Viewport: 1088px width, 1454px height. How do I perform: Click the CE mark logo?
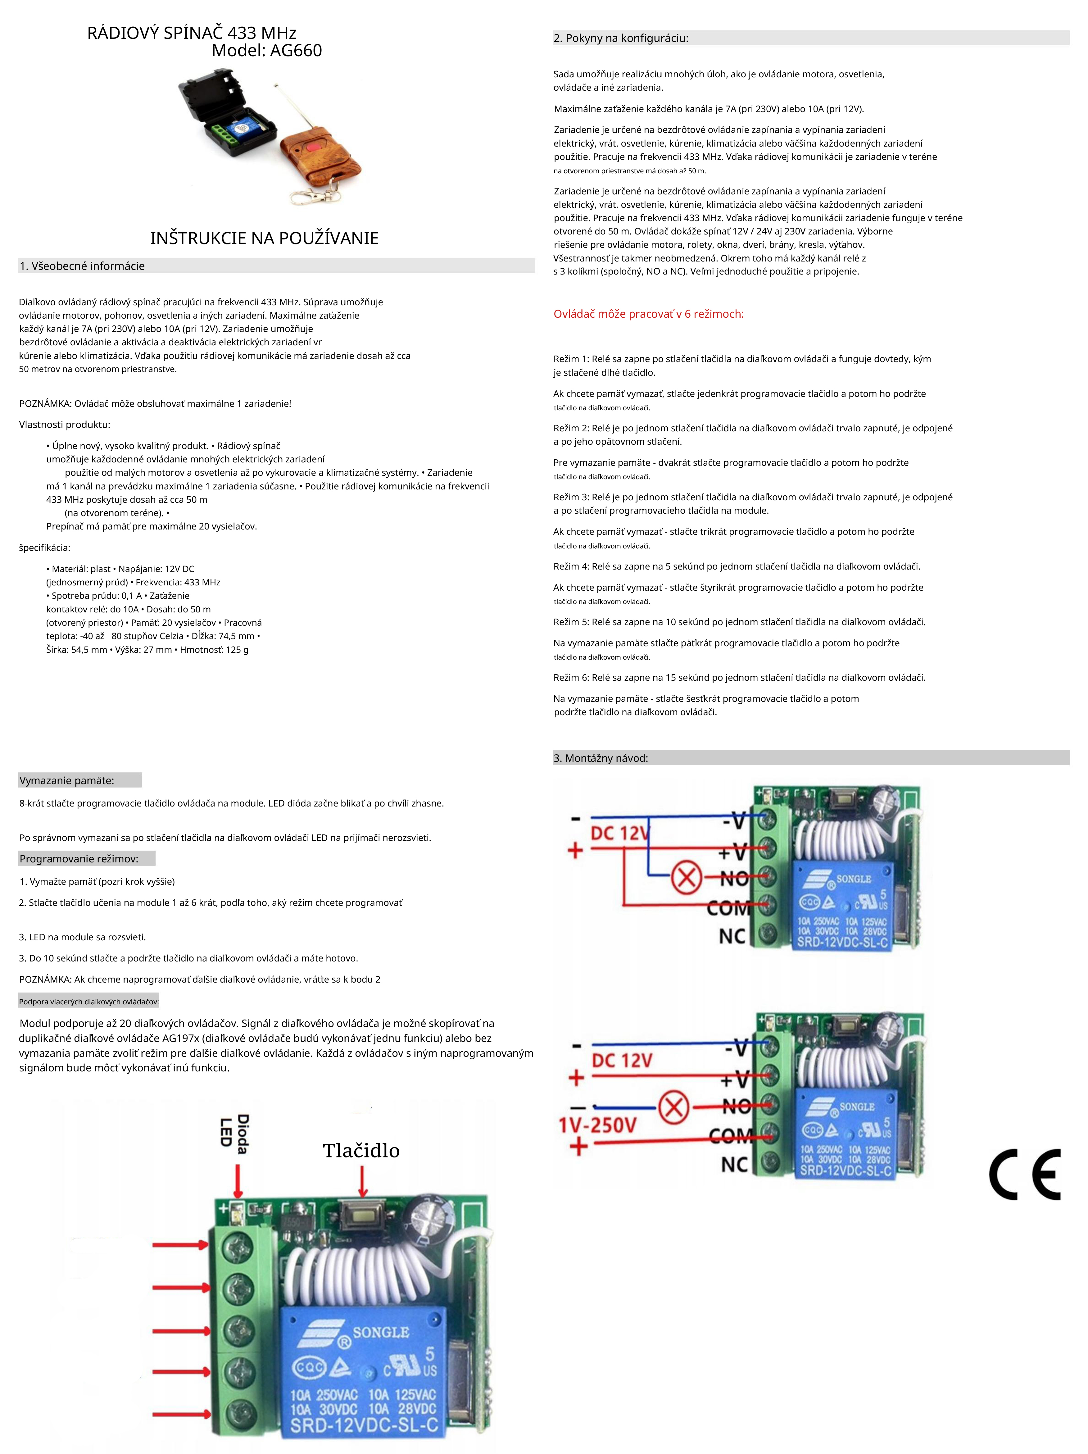(1024, 1174)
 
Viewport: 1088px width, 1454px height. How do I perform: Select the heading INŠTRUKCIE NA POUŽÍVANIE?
(264, 238)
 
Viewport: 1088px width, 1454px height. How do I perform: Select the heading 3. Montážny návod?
(600, 758)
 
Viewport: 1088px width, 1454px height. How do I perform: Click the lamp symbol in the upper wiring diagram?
(686, 878)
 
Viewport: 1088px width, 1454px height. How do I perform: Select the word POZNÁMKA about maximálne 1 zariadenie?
(45, 404)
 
